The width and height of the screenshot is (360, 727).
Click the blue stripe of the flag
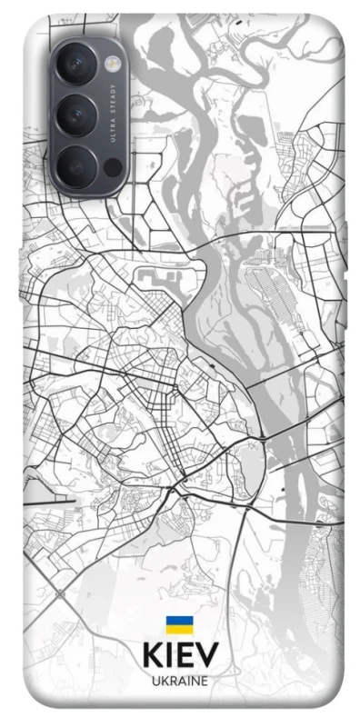pos(178,621)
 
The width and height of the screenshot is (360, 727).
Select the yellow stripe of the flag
pos(178,629)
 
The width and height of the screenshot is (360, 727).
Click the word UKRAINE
pos(179,680)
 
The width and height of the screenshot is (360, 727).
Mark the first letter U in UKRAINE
pos(154,680)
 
